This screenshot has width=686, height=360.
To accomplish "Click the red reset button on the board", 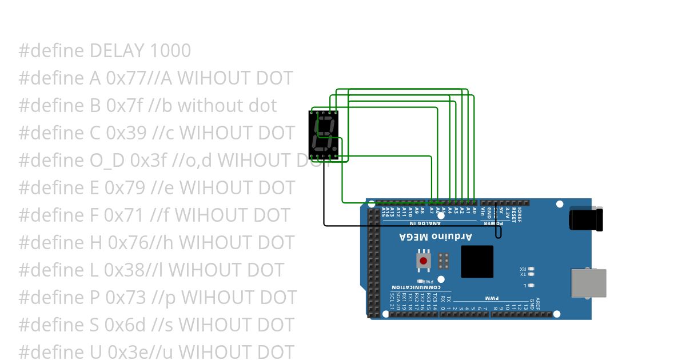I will pyautogui.click(x=423, y=261).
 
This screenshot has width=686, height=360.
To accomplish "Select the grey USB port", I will pyautogui.click(x=589, y=283).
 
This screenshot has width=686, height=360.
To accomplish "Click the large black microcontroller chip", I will pyautogui.click(x=477, y=262).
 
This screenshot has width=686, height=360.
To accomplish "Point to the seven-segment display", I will pyautogui.click(x=324, y=135).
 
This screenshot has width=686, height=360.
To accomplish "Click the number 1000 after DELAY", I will pyautogui.click(x=170, y=51).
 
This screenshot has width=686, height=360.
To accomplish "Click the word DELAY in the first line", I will pyautogui.click(x=117, y=51).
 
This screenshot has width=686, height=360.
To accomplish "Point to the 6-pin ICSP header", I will pyautogui.click(x=443, y=261).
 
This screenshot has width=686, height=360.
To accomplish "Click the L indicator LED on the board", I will pyautogui.click(x=532, y=285).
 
